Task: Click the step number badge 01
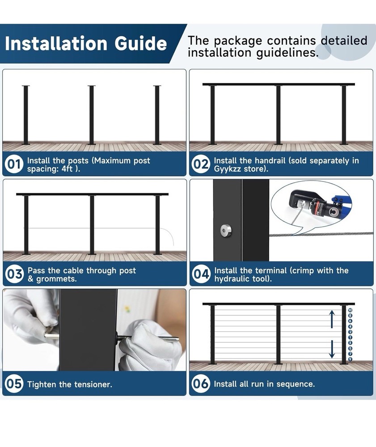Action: [x=13, y=164]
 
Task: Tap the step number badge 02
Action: [x=200, y=164]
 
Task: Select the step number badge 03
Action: [x=14, y=274]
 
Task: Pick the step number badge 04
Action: [x=201, y=274]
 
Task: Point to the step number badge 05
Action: [x=14, y=384]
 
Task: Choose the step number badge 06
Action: [x=201, y=384]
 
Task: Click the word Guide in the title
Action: [x=140, y=43]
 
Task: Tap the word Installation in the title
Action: [x=56, y=43]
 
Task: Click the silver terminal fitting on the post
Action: [x=226, y=230]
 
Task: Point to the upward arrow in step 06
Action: [x=332, y=319]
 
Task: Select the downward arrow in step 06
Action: [x=332, y=349]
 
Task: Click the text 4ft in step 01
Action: [x=67, y=169]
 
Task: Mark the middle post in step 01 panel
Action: [x=92, y=115]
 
